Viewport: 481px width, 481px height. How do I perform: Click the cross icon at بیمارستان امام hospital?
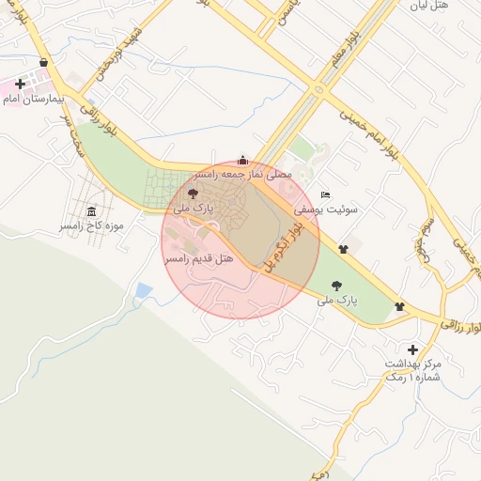pyautogui.click(x=20, y=84)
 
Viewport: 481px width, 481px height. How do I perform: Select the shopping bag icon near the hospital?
pyautogui.click(x=43, y=62)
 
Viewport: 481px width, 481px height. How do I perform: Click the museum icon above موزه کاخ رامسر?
pyautogui.click(x=91, y=211)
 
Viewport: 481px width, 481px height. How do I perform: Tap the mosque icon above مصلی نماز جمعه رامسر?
pyautogui.click(x=244, y=159)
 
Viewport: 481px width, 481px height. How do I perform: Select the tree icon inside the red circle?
pyautogui.click(x=193, y=192)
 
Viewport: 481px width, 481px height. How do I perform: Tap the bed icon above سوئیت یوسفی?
pyautogui.click(x=326, y=194)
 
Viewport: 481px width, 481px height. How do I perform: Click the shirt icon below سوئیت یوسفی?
pyautogui.click(x=343, y=249)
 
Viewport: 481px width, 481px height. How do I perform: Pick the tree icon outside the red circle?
pyautogui.click(x=336, y=286)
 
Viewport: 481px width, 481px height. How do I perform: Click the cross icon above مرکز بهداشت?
pyautogui.click(x=412, y=349)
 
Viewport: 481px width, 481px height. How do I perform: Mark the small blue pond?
pyautogui.click(x=143, y=290)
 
